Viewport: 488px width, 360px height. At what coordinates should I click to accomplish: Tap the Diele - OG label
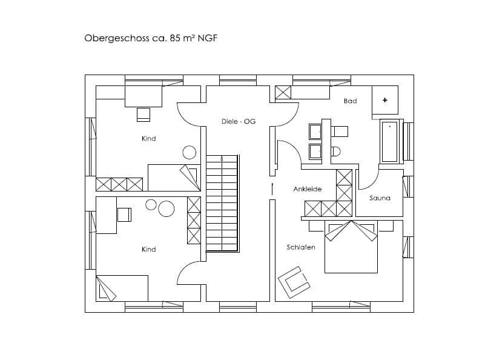pos(239,121)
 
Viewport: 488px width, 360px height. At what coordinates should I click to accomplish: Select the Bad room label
pos(350,101)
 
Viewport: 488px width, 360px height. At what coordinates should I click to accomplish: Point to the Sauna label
pos(380,198)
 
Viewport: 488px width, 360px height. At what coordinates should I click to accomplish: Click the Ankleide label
pos(307,189)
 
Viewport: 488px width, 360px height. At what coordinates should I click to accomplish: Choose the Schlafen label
pos(301,247)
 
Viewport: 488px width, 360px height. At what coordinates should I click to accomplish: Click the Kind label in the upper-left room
pos(148,139)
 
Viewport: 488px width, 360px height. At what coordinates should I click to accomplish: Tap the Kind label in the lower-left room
pos(148,249)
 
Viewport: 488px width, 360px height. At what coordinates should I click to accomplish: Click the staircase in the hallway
pos(222,202)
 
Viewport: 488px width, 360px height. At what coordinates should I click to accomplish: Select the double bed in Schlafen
pos(351,248)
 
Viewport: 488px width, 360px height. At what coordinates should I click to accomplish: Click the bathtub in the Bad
pos(389,142)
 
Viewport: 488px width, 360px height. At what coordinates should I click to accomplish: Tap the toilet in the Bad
pos(335,150)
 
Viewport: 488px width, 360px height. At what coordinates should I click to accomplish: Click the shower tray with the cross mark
pos(385,100)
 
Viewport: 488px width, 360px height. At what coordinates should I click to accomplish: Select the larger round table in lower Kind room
pos(166,209)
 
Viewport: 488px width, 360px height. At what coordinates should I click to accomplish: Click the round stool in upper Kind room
pos(190,153)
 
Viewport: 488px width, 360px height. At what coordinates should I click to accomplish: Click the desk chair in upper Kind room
pos(143,113)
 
